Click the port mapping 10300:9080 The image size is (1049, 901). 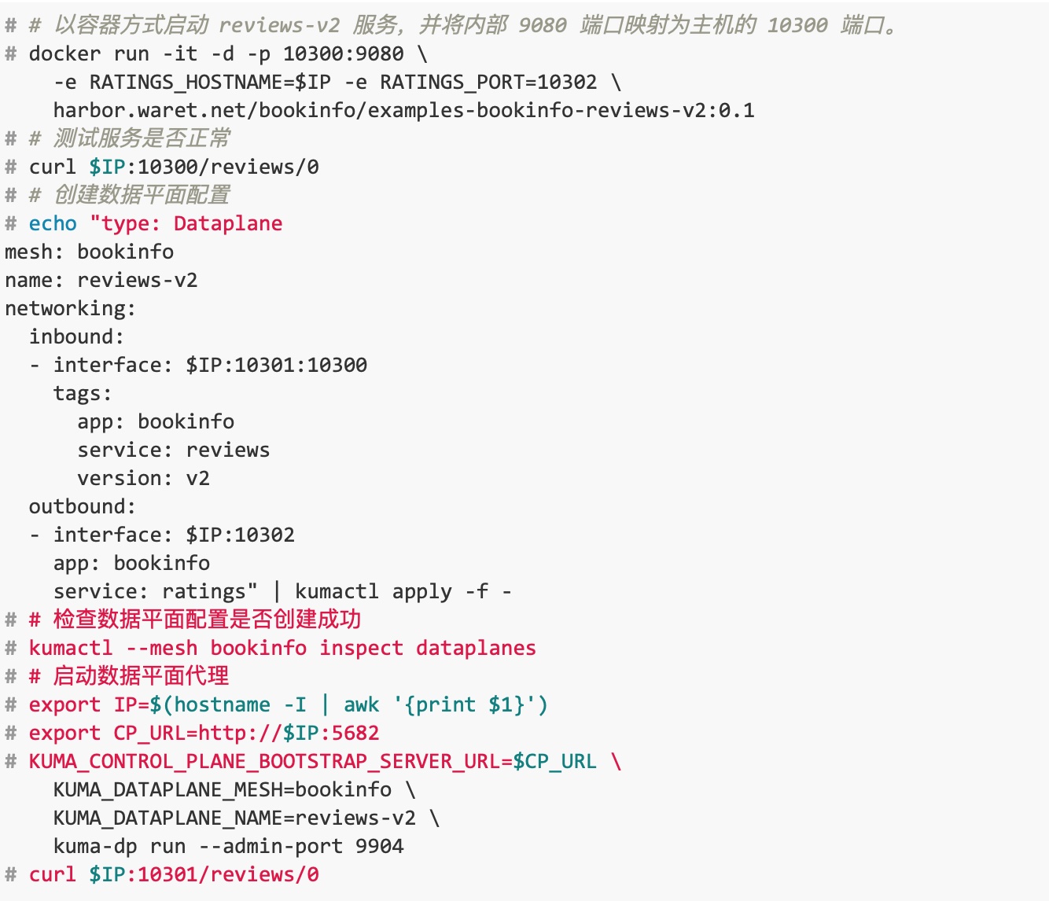[344, 53]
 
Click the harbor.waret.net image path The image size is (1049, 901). [404, 111]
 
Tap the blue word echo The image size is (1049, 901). [53, 224]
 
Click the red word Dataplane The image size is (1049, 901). [228, 224]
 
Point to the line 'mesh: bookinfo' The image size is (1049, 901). [90, 252]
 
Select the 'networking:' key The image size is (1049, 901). [71, 308]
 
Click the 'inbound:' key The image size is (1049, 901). [76, 336]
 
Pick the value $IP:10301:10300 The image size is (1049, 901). [277, 366]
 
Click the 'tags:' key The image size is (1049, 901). [83, 394]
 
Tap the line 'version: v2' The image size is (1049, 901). [144, 478]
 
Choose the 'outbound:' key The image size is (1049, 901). [83, 507]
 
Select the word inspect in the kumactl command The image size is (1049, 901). [362, 649]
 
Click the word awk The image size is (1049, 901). [362, 705]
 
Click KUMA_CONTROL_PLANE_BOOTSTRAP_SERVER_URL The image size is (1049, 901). [264, 762]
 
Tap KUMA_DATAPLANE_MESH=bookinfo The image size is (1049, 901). [223, 790]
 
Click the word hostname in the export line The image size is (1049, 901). [223, 705]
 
